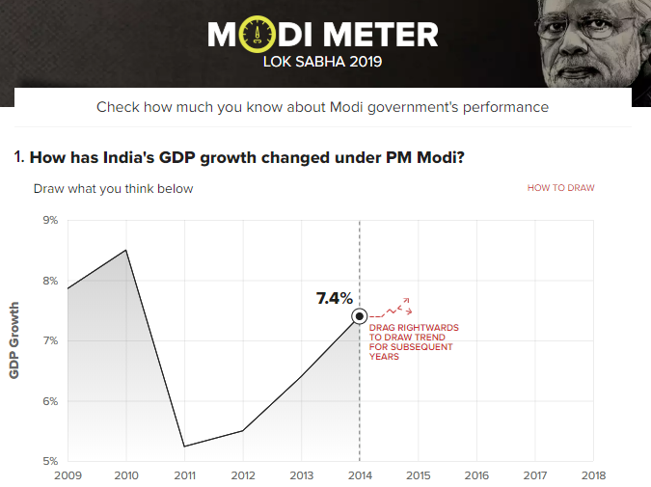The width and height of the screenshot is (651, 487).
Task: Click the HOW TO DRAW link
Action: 560,188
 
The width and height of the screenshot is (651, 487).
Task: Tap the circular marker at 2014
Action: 360,315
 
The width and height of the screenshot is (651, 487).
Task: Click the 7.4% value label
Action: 335,298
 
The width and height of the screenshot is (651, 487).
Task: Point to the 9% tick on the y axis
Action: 49,221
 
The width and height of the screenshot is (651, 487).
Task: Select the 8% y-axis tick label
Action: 49,281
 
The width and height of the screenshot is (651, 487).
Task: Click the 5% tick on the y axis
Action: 49,461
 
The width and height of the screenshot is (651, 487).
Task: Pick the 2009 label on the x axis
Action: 68,475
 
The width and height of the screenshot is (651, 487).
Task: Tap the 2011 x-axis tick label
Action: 184,475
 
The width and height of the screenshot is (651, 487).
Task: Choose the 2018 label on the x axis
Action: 593,475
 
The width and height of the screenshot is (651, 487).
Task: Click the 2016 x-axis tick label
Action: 476,475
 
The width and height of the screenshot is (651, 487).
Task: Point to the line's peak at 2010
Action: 125,250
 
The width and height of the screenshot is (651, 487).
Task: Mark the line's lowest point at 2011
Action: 184,446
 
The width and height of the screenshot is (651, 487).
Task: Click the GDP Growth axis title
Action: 14,340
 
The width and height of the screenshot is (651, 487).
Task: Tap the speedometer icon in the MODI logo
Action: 258,36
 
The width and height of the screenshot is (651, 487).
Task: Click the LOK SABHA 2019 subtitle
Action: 323,63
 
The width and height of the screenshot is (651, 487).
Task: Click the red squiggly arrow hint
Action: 395,309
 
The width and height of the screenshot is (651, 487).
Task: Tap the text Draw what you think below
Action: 114,188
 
